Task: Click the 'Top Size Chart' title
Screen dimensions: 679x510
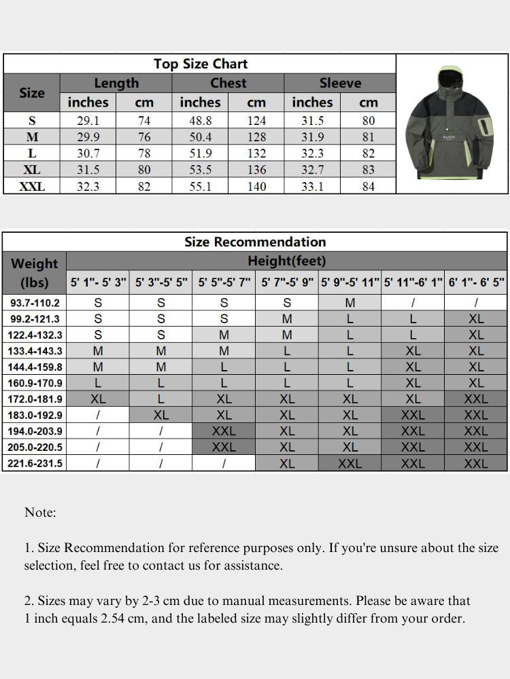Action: (200, 64)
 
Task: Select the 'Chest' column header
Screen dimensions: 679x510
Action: (228, 83)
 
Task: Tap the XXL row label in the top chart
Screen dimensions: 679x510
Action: (32, 186)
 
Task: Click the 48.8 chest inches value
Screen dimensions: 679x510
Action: (200, 121)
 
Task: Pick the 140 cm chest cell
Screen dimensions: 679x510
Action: (256, 186)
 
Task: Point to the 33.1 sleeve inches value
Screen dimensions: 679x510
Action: (312, 186)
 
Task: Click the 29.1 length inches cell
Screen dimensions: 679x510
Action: (88, 121)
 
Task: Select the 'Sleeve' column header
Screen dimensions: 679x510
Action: (339, 83)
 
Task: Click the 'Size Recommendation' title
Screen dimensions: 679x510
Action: (255, 242)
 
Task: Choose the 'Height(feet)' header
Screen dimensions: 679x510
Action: (286, 261)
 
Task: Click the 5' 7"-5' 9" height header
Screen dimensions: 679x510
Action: (287, 282)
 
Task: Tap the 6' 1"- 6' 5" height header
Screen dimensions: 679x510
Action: (476, 282)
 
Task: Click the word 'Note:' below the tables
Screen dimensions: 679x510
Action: (40, 513)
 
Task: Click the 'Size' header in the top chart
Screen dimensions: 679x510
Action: (32, 93)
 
